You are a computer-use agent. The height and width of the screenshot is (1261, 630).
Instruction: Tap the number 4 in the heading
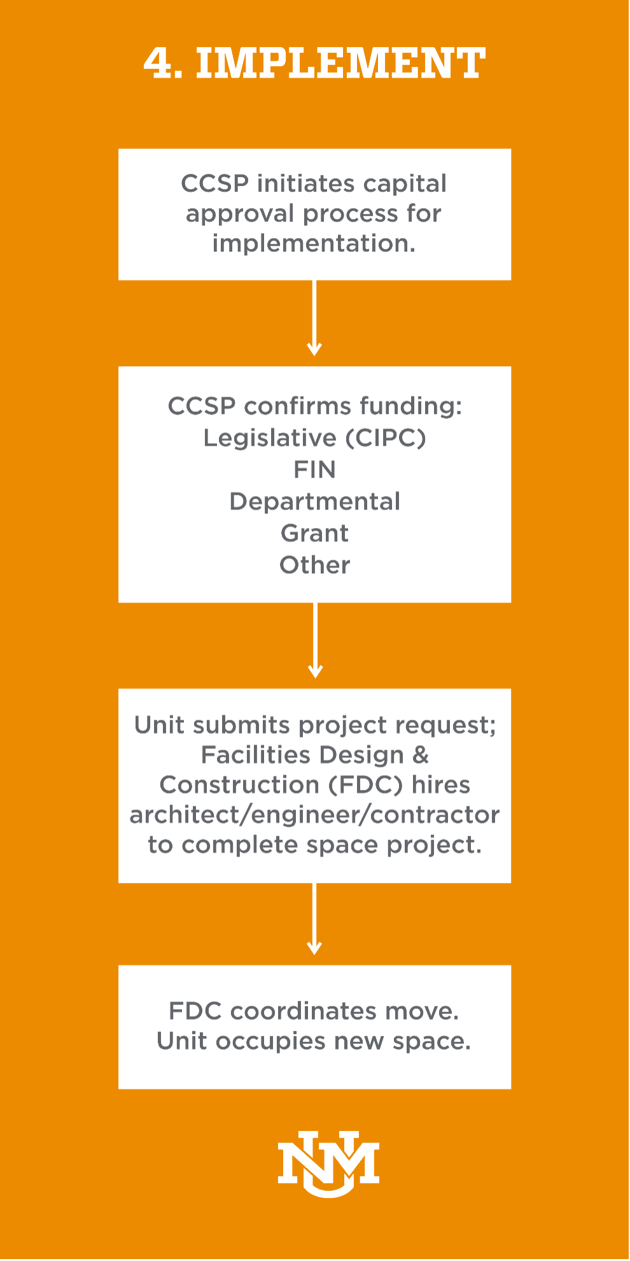[158, 64]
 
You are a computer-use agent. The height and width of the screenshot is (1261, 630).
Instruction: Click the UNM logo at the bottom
[328, 1165]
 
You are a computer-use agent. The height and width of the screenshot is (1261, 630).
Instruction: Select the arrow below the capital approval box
[314, 318]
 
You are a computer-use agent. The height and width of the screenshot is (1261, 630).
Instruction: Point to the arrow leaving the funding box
[315, 640]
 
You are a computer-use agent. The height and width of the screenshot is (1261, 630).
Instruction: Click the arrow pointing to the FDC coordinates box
[314, 919]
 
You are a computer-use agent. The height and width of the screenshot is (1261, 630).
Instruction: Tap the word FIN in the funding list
[314, 470]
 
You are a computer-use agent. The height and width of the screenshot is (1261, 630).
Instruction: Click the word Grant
[315, 534]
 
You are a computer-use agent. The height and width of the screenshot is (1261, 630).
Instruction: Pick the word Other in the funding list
[315, 566]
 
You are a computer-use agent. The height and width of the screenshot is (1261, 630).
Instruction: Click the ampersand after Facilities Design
[421, 755]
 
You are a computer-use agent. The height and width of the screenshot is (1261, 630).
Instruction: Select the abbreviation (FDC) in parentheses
[366, 785]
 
